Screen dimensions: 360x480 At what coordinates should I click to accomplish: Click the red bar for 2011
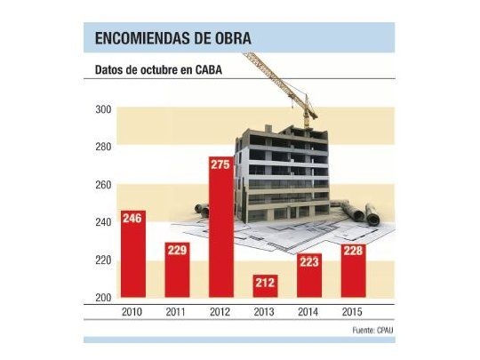[177, 270]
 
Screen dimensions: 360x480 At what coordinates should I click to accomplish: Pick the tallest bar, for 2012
[220, 228]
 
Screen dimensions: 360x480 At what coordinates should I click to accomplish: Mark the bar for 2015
[354, 271]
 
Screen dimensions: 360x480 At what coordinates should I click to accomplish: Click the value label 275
[220, 165]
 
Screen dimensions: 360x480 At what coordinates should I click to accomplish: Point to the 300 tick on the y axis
[103, 109]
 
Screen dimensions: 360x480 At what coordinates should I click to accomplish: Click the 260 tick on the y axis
[103, 185]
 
